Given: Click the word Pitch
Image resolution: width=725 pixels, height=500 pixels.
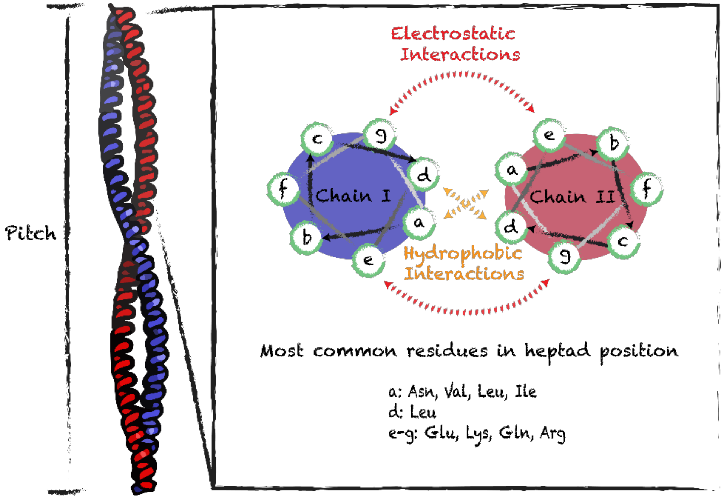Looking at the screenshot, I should click(31, 233).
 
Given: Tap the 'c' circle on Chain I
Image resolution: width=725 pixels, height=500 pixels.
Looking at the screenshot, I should click(317, 138).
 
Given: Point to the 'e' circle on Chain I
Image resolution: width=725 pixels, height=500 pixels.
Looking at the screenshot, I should click(368, 260).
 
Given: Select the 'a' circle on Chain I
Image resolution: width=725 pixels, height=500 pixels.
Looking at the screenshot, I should click(419, 223).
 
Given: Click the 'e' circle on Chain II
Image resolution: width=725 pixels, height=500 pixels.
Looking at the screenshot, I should click(549, 135).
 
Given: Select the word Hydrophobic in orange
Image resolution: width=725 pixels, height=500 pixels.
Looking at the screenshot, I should click(463, 253).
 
